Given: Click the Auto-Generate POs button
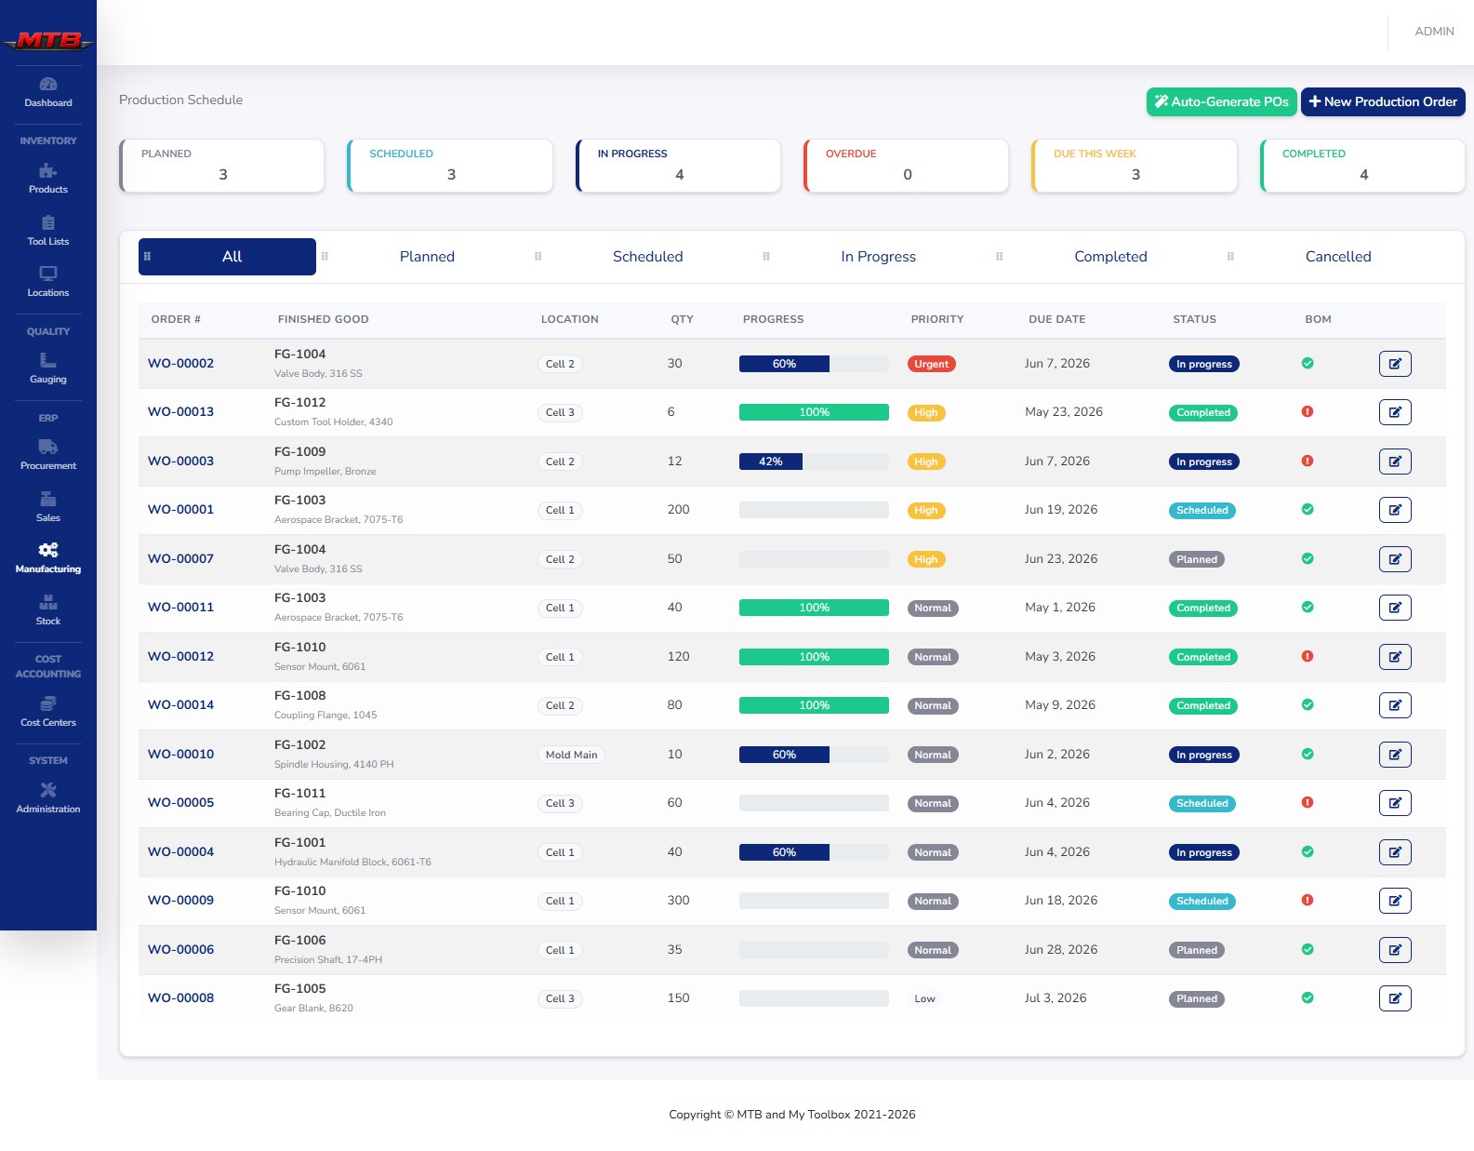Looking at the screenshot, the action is [1221, 101].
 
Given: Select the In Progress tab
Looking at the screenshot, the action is [878, 257].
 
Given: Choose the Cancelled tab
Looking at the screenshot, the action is [1337, 257].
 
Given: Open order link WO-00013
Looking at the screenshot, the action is [180, 412].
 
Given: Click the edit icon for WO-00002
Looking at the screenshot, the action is [1395, 364].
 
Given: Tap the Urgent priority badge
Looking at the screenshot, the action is [931, 364].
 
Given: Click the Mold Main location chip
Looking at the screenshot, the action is [571, 755].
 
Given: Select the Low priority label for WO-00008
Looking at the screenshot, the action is [923, 999].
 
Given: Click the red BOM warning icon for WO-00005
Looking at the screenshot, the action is [1308, 802].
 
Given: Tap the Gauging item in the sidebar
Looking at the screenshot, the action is [48, 368].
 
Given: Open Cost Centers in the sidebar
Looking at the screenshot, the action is [48, 712].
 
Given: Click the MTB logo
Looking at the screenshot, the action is [48, 40].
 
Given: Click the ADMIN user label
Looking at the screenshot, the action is [1434, 32].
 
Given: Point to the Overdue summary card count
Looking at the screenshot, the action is [907, 174].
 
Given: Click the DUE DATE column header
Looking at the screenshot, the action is [1056, 319].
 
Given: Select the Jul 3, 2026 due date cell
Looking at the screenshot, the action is [1055, 998].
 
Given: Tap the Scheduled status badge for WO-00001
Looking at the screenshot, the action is [1202, 510].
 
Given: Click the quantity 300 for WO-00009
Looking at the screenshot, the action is [678, 901].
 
